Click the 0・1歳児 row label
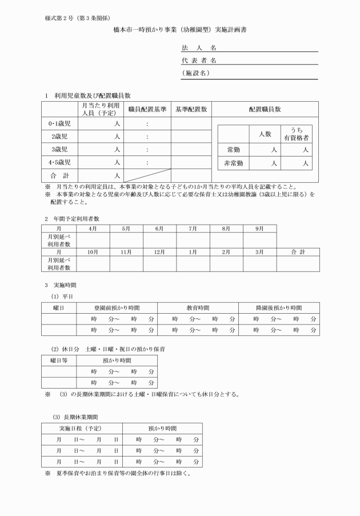click(59, 123)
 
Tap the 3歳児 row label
click(59, 150)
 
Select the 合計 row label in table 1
click(59, 175)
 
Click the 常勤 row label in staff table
click(234, 150)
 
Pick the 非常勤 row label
click(234, 163)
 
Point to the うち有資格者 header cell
click(299, 134)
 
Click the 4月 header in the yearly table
click(94, 228)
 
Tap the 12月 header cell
click(160, 251)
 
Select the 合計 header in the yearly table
click(297, 251)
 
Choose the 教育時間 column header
click(198, 307)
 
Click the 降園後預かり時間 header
click(278, 307)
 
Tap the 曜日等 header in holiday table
click(59, 360)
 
